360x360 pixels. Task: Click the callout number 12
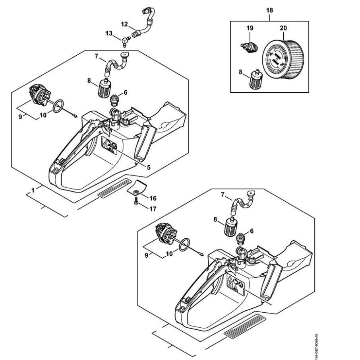coord(124,24)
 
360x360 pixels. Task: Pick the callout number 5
coord(148,167)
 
